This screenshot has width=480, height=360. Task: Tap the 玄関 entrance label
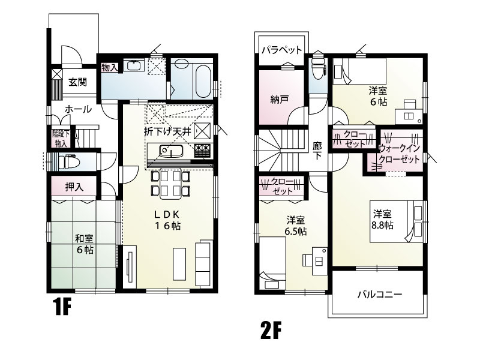76,82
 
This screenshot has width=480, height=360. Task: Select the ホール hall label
77,110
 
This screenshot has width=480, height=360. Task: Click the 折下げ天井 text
167,130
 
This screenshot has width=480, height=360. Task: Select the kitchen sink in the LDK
171,151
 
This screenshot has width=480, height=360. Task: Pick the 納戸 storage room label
279,100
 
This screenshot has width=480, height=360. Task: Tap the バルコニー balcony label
379,295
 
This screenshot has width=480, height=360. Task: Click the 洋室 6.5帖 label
296,226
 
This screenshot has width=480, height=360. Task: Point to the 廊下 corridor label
317,149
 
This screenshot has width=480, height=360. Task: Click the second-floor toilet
317,72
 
